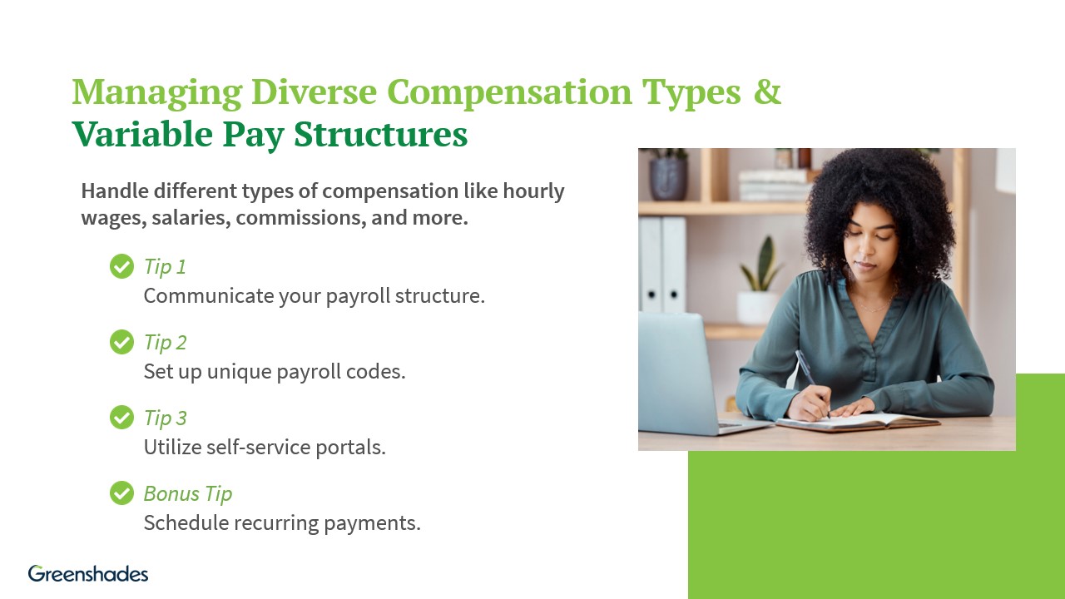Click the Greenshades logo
point(88,573)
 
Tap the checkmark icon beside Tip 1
point(121,266)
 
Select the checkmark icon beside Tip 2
point(121,342)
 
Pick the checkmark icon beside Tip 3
point(121,418)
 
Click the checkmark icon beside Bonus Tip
point(121,493)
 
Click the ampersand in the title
point(767,92)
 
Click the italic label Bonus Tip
point(187,493)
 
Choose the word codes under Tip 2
point(379,371)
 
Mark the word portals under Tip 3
point(353,447)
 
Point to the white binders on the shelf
point(662,265)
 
